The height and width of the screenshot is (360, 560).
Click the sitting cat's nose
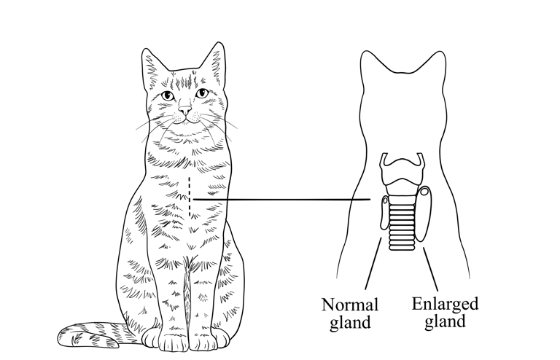point(186,110)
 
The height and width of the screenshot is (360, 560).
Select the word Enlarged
point(445,304)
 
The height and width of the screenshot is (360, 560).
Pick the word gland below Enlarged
point(444,321)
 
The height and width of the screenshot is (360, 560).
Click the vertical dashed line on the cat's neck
point(190,197)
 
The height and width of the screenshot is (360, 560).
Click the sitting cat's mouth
point(186,120)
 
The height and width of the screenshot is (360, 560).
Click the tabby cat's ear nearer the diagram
point(214,62)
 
